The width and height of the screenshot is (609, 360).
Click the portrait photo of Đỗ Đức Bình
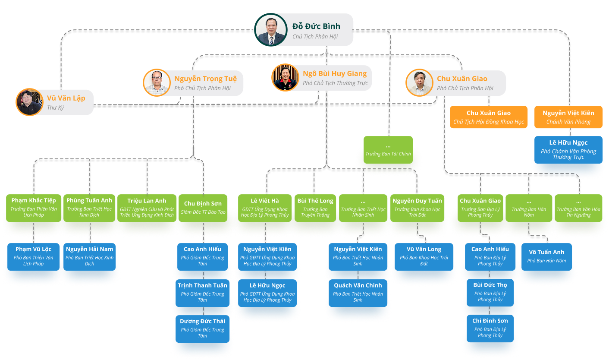[x=271, y=30]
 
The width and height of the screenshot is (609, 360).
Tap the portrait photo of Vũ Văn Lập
[x=29, y=102]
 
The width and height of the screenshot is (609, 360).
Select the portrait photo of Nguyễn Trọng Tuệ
[x=157, y=82]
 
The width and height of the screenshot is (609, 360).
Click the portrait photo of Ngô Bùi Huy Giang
[x=285, y=78]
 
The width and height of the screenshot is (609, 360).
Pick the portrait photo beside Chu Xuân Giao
[x=419, y=82]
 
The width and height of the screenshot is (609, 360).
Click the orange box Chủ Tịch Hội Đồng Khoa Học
[x=489, y=117]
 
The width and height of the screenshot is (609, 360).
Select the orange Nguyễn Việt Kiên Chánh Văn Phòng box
[x=568, y=117]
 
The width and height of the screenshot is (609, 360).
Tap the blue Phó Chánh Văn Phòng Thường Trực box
[x=568, y=149]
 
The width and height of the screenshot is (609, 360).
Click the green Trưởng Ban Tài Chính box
[x=388, y=150]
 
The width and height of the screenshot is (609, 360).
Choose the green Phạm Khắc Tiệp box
[x=34, y=208]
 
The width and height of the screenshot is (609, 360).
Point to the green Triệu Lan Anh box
[x=147, y=208]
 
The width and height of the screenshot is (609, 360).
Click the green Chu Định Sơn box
[x=203, y=208]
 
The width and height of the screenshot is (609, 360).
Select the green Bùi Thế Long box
[x=315, y=208]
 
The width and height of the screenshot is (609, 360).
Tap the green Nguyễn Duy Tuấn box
[x=417, y=208]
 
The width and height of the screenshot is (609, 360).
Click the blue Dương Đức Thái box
[x=203, y=328]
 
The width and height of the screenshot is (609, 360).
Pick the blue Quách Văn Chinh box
[x=358, y=292]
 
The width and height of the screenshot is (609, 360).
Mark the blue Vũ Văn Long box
[x=424, y=256]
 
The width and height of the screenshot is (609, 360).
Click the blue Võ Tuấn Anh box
[x=546, y=256]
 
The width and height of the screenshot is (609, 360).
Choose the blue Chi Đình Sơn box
[x=490, y=328]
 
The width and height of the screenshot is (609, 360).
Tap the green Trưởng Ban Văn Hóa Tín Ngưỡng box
[x=578, y=208]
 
